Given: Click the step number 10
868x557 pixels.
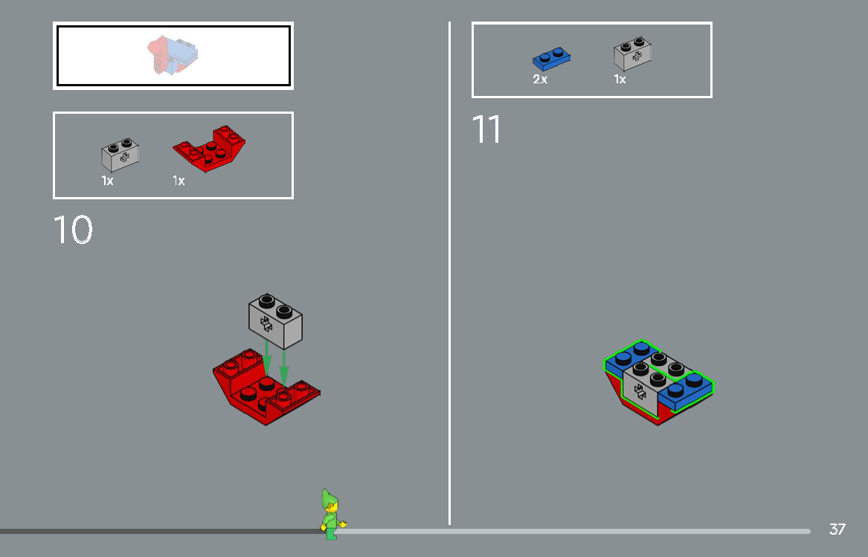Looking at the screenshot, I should point(73,231).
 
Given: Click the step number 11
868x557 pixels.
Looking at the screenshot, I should point(486,129).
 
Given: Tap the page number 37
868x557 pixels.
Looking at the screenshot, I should point(837,529).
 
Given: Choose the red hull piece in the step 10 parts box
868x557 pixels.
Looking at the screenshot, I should point(210,149).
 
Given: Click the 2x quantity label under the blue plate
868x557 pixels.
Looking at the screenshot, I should point(540,80).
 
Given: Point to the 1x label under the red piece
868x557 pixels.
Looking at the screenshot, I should point(179,181).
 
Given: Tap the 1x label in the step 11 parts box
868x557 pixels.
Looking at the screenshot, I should point(620,80).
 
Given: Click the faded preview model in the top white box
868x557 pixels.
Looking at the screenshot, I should point(173,56).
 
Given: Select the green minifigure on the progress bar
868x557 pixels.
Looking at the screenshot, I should point(329,514).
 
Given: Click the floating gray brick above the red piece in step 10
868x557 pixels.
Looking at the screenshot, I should point(275,321).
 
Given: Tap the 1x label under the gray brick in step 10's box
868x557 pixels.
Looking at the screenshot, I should point(107,181).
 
